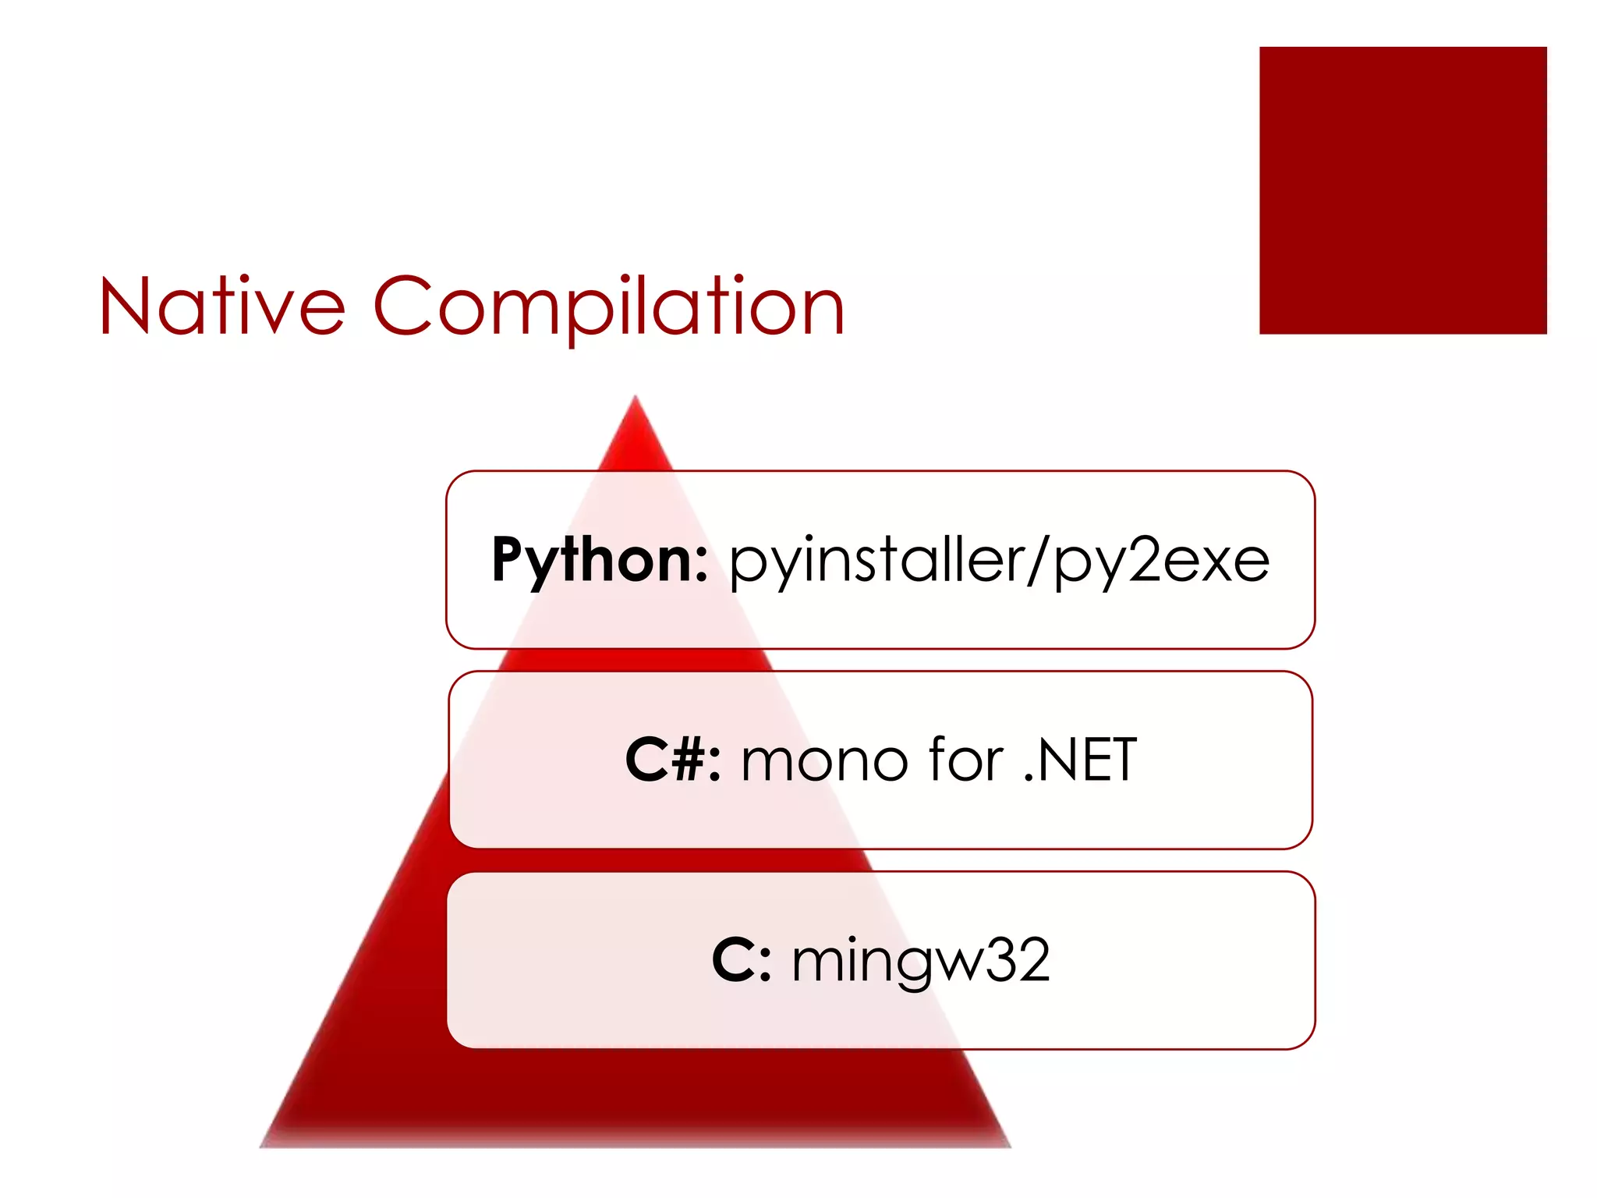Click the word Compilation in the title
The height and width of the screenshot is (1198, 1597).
(609, 307)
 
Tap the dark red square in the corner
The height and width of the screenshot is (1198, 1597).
(1402, 190)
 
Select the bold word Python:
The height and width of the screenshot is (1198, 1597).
(599, 560)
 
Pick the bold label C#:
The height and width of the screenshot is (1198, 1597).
(672, 760)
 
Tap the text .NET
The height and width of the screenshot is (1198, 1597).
(1080, 760)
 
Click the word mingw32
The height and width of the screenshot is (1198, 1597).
(921, 962)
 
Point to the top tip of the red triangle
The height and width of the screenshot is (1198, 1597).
(636, 399)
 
